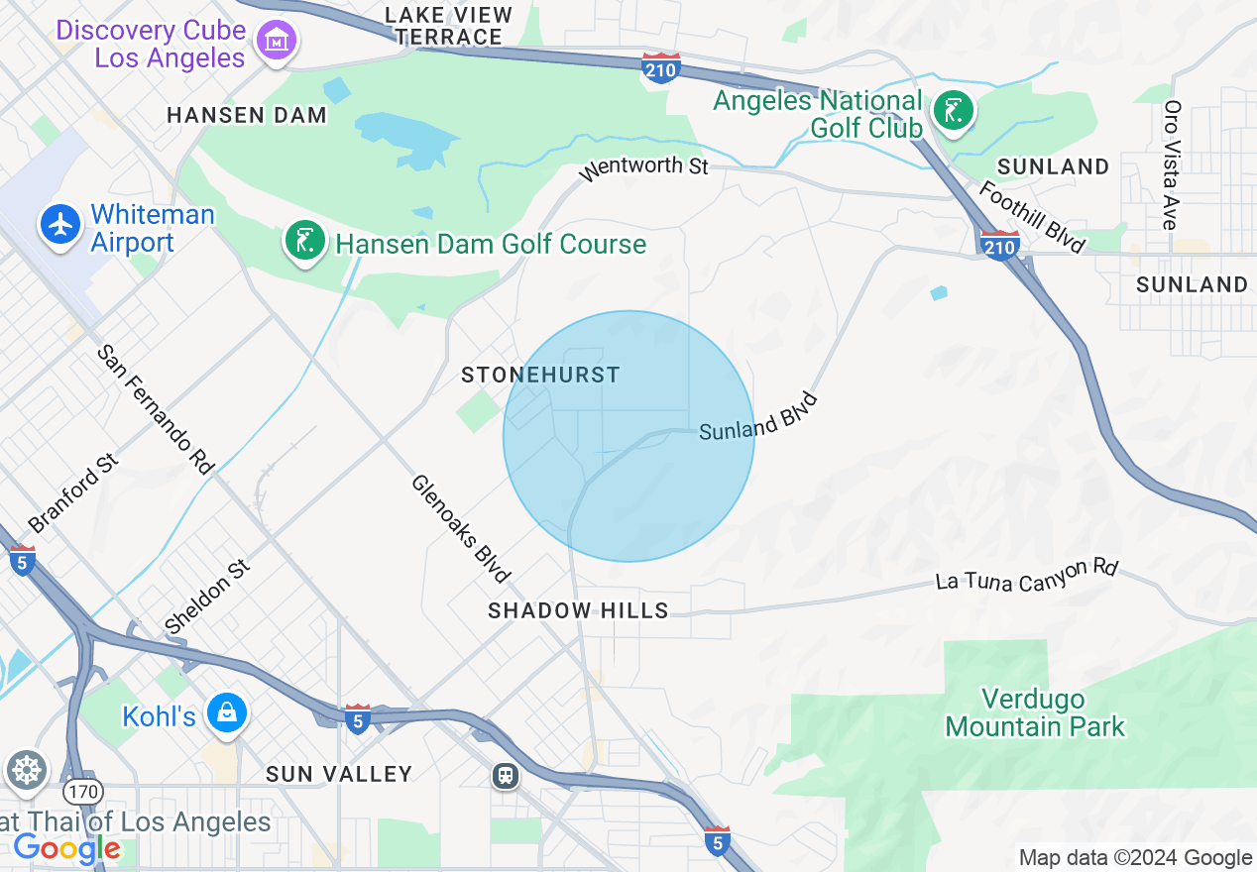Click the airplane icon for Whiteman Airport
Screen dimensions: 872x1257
click(61, 225)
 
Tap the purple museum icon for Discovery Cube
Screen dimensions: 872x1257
click(277, 41)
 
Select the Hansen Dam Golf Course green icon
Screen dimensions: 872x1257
click(305, 242)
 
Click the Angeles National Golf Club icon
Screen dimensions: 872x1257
click(953, 110)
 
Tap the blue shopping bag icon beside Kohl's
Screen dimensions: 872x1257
click(227, 712)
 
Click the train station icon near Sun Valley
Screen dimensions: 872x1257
click(506, 775)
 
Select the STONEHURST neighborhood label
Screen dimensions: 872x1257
click(541, 375)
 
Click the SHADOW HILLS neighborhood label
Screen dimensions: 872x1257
click(578, 610)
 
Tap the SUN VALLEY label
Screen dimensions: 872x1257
click(339, 774)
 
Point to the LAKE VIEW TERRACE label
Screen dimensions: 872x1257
click(448, 26)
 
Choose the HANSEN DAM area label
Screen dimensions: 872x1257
click(247, 115)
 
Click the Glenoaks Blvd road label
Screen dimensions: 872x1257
click(462, 528)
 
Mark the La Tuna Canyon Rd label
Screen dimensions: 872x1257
click(1027, 576)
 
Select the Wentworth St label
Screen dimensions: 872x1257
click(643, 166)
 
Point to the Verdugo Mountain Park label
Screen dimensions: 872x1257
click(1035, 713)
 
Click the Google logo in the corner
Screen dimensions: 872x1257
click(66, 848)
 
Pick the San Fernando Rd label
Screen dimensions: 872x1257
click(156, 410)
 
